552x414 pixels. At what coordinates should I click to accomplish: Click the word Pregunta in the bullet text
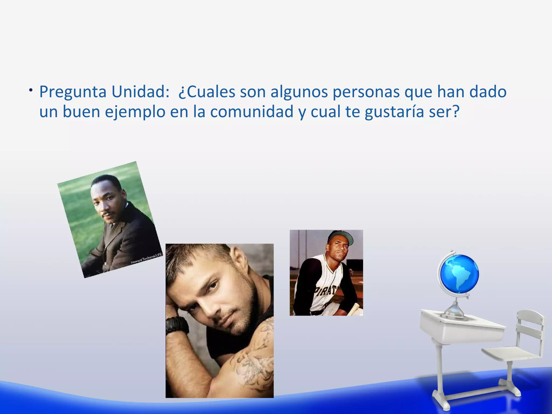pyautogui.click(x=73, y=92)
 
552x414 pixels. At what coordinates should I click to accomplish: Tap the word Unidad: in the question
pyautogui.click(x=140, y=92)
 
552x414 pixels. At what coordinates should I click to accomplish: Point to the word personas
pyautogui.click(x=366, y=92)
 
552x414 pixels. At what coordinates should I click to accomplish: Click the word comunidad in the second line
pyautogui.click(x=251, y=112)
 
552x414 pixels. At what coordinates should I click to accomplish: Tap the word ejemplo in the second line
pyautogui.click(x=135, y=112)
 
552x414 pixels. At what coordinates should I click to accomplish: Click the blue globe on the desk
pyautogui.click(x=459, y=274)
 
